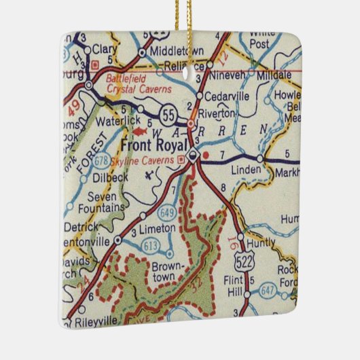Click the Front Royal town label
point(154,145)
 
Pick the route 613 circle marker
point(151,245)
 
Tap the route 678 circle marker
point(102,160)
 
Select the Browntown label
point(164,272)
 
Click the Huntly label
point(261,242)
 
